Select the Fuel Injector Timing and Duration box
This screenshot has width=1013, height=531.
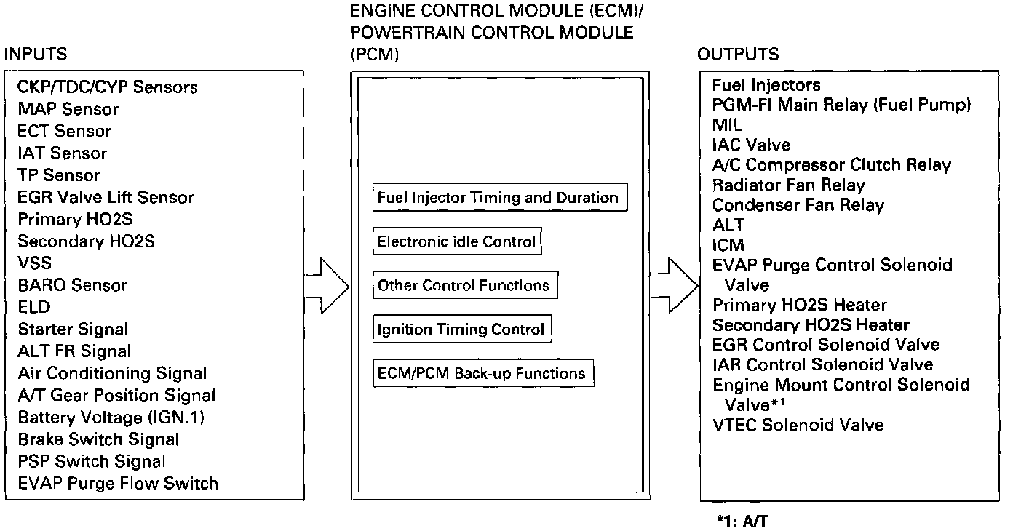(x=499, y=198)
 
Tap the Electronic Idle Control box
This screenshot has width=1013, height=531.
(x=457, y=241)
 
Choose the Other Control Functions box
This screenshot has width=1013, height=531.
(x=464, y=285)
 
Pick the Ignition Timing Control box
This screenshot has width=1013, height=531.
(x=461, y=330)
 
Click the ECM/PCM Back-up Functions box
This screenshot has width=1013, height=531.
(x=482, y=373)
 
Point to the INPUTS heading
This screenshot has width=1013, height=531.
(x=36, y=55)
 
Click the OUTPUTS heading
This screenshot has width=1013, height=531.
(x=738, y=55)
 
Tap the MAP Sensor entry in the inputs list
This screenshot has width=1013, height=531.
(x=68, y=110)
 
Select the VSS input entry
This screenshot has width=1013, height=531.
(x=35, y=263)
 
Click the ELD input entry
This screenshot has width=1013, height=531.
(x=34, y=307)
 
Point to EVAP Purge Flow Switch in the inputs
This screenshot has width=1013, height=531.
(x=118, y=483)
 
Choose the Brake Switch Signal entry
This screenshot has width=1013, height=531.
(x=98, y=439)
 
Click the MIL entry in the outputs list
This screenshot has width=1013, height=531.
(x=728, y=125)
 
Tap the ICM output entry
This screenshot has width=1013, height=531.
(x=728, y=245)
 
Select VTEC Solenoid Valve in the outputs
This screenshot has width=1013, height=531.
(x=798, y=425)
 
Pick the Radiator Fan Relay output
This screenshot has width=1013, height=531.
(x=789, y=185)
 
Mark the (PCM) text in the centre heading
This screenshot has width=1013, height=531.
(x=375, y=55)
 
